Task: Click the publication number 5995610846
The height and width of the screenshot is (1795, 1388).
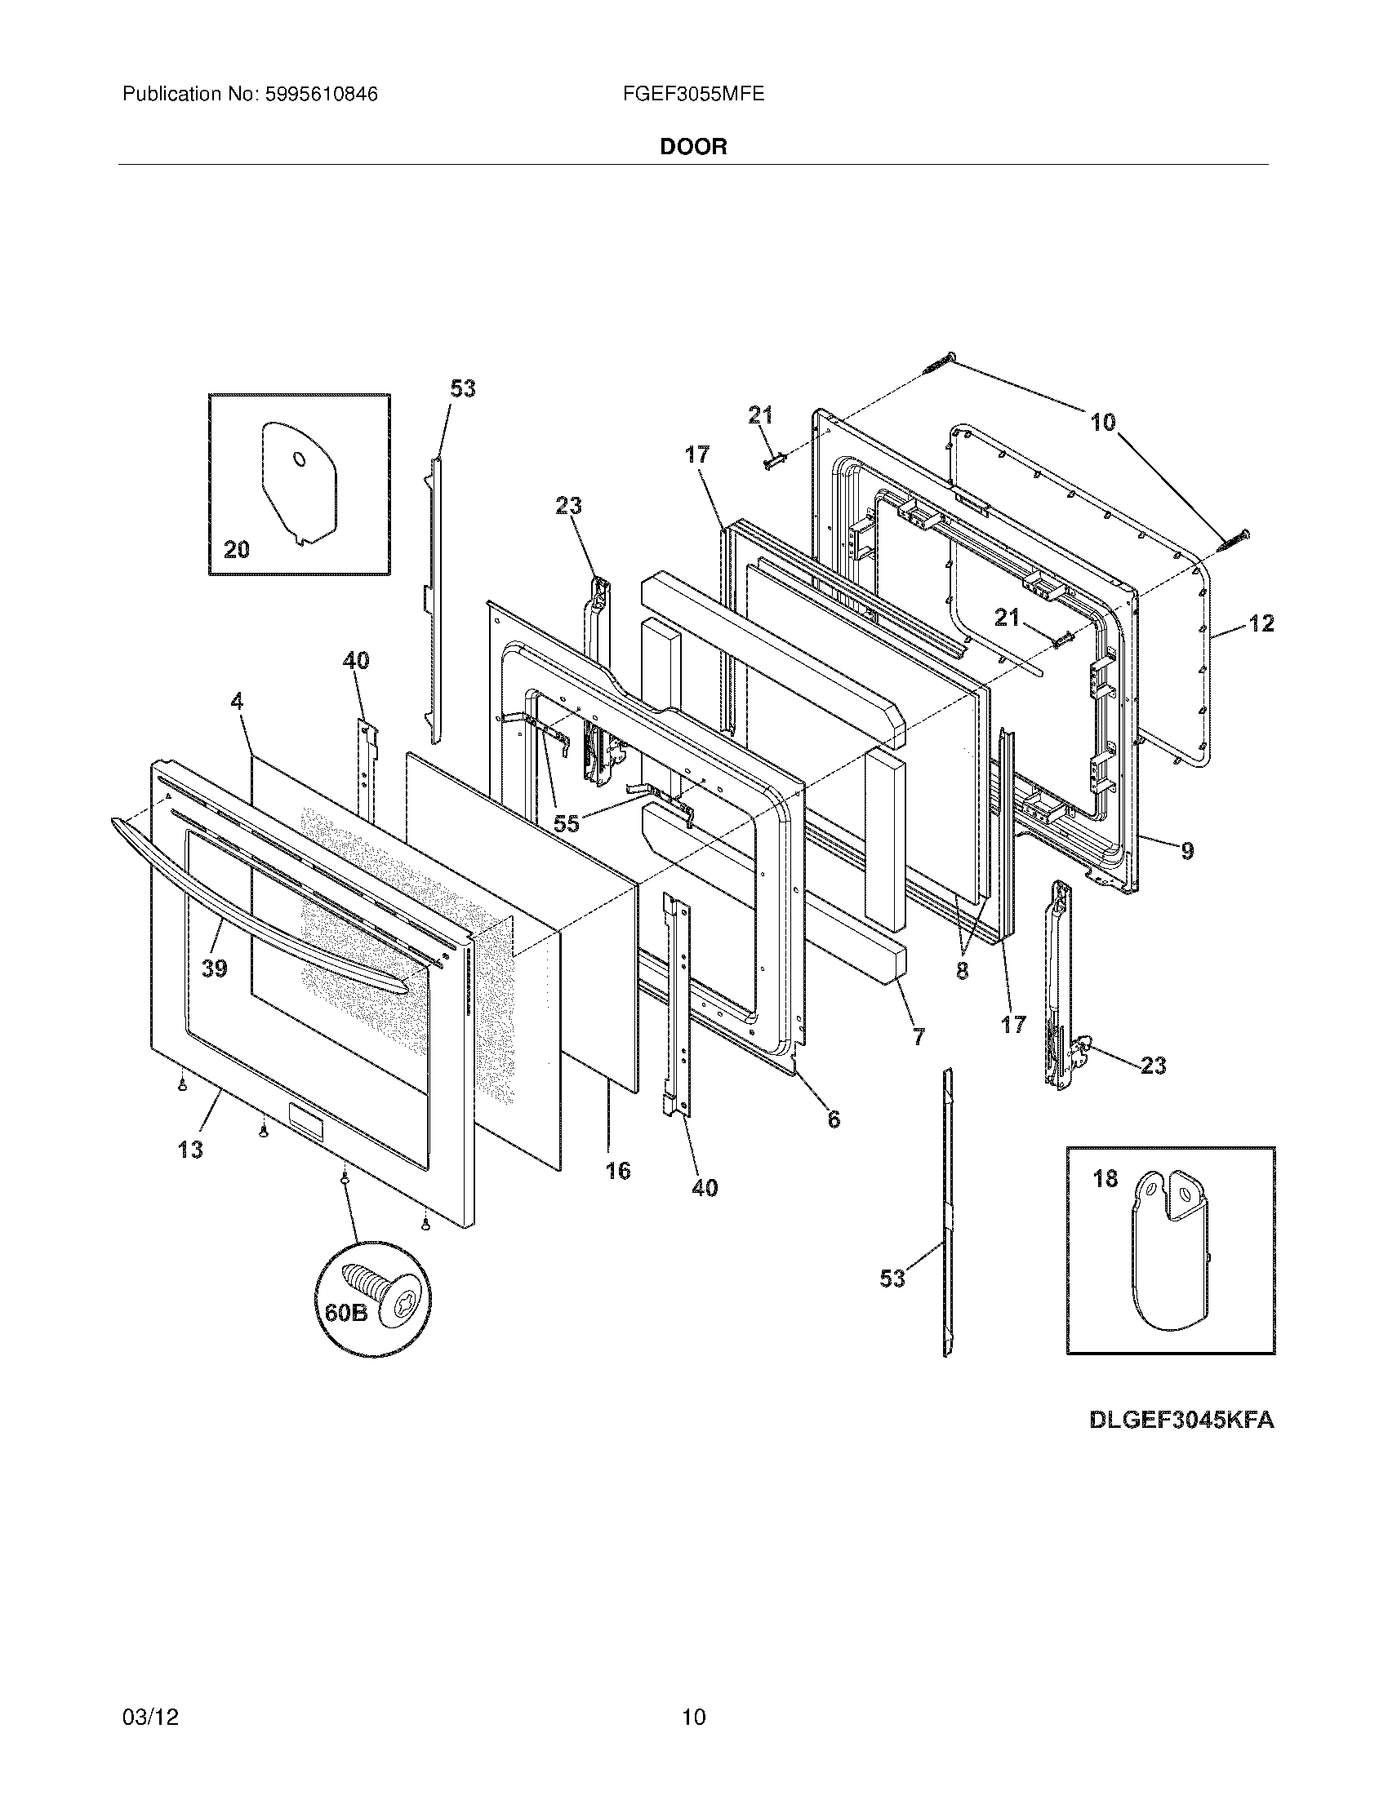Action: (320, 95)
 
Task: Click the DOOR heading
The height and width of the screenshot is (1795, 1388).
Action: (693, 147)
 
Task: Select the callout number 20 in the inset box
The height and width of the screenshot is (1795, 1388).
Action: (237, 549)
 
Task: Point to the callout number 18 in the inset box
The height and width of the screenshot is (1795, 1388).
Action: (1106, 1179)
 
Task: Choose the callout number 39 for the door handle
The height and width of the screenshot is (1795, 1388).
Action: (214, 969)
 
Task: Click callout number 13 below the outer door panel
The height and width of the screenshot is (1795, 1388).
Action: (190, 1150)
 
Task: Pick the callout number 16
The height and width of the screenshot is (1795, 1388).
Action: (617, 1170)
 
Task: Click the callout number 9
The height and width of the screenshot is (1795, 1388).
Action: (1187, 852)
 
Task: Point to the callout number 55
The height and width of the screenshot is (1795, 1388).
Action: (567, 823)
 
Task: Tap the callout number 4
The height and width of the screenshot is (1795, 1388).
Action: (237, 701)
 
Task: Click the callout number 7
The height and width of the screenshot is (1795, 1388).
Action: (918, 1037)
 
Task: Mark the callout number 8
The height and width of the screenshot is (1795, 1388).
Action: (962, 971)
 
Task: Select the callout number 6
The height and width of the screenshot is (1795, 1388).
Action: (834, 1119)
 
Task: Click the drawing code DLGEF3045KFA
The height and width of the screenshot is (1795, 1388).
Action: (1181, 1420)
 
